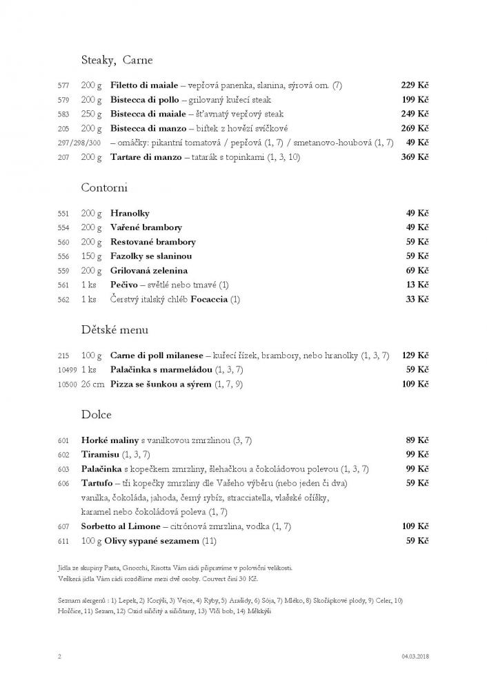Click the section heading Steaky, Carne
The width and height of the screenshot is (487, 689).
(117, 60)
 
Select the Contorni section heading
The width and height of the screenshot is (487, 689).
(104, 187)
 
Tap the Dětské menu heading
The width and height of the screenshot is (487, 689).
(115, 329)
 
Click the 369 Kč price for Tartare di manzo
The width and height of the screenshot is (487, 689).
(415, 157)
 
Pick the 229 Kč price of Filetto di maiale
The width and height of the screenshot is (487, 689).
(415, 85)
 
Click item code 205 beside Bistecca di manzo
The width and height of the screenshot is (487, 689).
(64, 129)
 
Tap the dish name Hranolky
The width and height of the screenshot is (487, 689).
(130, 214)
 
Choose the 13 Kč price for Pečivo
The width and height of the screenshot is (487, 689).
(417, 285)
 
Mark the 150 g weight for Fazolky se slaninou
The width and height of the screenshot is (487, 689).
(91, 256)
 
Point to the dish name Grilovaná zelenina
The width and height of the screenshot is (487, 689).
(149, 271)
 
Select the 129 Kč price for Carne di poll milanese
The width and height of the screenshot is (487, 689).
(415, 356)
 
